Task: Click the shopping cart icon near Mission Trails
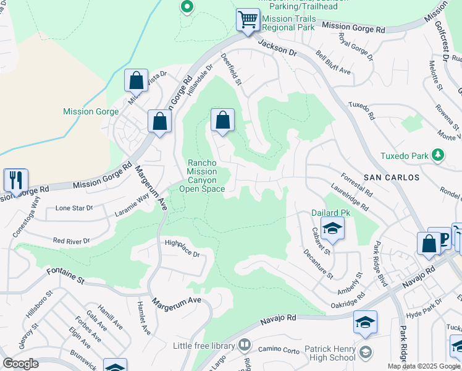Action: (248, 20)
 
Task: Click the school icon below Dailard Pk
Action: (332, 230)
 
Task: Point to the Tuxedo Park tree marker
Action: (438, 155)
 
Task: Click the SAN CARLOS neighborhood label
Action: (391, 177)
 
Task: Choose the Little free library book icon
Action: (245, 344)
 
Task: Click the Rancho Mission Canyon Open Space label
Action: (206, 176)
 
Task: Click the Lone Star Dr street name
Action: (73, 208)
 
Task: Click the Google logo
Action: (21, 364)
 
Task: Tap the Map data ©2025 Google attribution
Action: (423, 366)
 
